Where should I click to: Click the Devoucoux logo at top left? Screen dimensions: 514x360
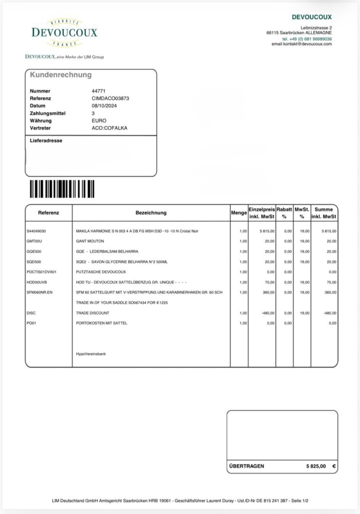[x=64, y=33]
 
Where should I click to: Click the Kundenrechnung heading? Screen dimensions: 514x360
[x=61, y=75]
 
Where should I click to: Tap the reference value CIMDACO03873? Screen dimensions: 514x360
[x=107, y=98]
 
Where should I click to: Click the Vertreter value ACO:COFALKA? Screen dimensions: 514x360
[x=106, y=128]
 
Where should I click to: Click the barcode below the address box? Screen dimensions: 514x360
[x=62, y=189]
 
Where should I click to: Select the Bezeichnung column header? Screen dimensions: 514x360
[x=151, y=213]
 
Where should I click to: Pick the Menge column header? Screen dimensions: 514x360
[x=239, y=213]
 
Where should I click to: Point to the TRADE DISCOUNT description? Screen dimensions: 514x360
[x=92, y=313]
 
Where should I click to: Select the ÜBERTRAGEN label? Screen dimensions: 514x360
[x=247, y=466]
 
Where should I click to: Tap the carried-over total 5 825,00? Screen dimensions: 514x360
[x=316, y=466]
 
